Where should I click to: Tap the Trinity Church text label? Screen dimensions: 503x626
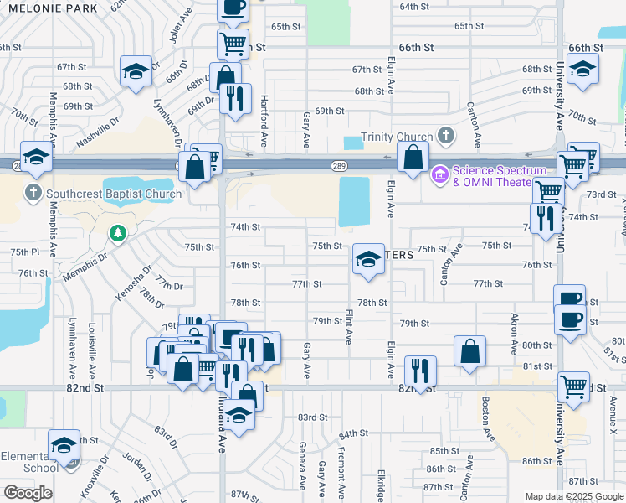(397, 137)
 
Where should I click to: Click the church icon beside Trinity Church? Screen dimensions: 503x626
(446, 135)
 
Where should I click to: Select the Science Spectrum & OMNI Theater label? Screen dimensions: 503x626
(493, 176)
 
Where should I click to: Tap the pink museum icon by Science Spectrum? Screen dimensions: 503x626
(439, 176)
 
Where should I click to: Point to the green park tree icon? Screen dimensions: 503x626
(117, 232)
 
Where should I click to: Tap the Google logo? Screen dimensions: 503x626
(28, 493)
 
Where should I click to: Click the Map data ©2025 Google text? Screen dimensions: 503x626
(574, 496)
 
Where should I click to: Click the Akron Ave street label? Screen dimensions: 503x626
(515, 331)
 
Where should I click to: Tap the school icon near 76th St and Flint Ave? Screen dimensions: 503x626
(367, 260)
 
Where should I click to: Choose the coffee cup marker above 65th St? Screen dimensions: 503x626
(233, 7)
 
